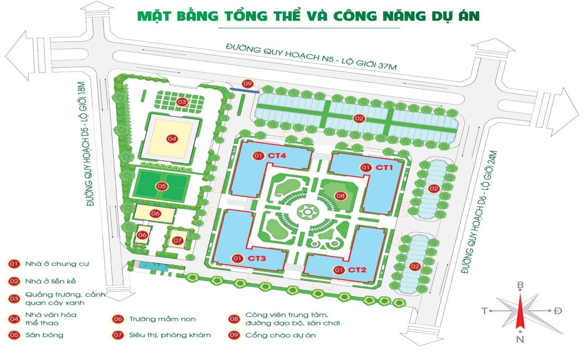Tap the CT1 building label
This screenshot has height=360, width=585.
pos(385,168)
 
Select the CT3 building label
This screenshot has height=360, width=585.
pos(257,258)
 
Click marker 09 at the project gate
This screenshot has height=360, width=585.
pos(247,84)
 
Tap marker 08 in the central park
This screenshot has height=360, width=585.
pos(340,196)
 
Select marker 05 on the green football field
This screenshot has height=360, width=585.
pos(162,186)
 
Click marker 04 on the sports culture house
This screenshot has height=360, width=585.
pos(171,139)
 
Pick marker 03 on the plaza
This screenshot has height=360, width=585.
pos(181,102)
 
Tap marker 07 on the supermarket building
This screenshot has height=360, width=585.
pos(177,241)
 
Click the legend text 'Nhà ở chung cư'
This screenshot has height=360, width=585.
pos(51,264)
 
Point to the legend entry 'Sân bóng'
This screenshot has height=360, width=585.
pos(44,335)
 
